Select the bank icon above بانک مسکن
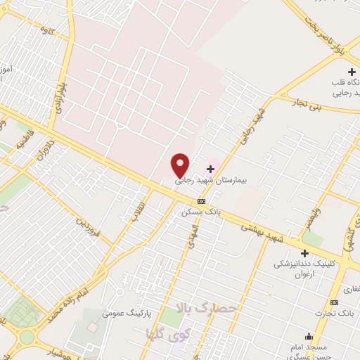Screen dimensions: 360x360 click(x=202, y=201)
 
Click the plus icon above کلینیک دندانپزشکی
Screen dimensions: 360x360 click(x=304, y=253)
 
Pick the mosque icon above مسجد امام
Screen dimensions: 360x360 click(x=309, y=337)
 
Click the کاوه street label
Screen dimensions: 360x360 click(x=49, y=31)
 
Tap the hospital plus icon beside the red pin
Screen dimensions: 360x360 click(x=210, y=169)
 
